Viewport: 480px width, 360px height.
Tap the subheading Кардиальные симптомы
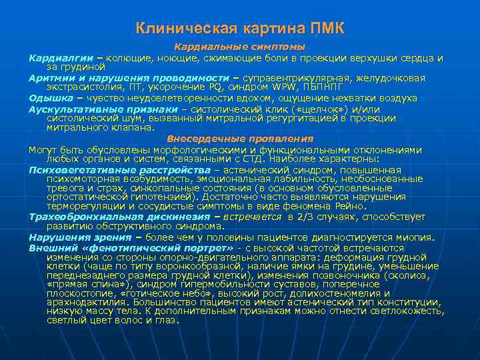click(x=240, y=47)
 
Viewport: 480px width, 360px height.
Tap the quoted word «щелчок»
click(x=300, y=108)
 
